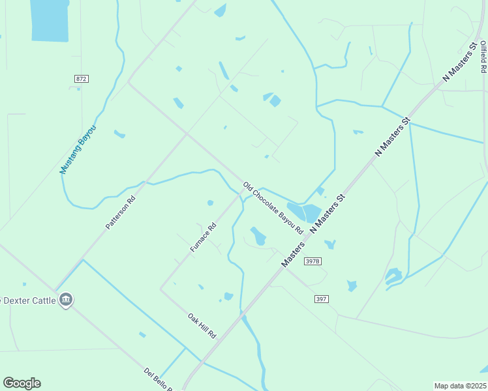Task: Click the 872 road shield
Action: [81, 79]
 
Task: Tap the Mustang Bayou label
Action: [78, 149]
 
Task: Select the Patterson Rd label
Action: [121, 212]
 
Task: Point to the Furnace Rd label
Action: [203, 239]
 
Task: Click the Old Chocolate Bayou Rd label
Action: [273, 209]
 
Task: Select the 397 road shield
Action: [320, 299]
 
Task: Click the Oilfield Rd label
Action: [483, 58]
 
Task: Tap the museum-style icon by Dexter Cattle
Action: [65, 300]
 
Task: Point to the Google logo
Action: [22, 383]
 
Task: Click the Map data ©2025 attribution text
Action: [461, 386]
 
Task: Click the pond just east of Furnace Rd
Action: [258, 236]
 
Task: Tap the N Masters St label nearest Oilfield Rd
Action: [460, 63]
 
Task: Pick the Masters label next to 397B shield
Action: [294, 253]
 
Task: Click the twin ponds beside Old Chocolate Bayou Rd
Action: [304, 212]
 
